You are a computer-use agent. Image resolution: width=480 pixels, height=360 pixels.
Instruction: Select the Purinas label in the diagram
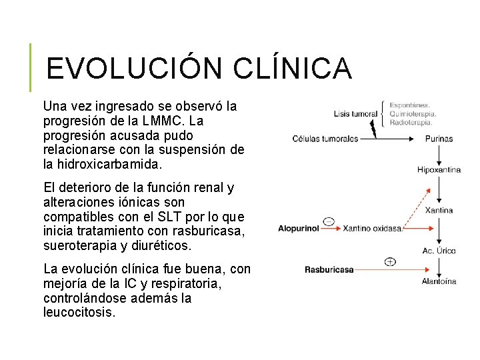point(439,139)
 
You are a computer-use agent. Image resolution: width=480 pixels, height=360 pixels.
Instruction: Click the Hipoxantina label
point(439,170)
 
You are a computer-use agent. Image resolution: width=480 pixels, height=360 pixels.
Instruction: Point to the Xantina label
point(439,210)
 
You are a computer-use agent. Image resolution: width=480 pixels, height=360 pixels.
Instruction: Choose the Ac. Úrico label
point(439,251)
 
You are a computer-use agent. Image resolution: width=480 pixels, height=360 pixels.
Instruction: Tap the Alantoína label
point(439,281)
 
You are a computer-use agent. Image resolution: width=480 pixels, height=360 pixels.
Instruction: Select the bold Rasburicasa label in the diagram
point(329,270)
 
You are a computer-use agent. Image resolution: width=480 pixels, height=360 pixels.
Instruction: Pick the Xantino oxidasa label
point(373,229)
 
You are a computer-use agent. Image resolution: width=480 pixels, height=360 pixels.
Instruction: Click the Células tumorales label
point(325,139)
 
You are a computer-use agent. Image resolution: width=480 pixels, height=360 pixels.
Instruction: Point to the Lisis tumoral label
point(355,114)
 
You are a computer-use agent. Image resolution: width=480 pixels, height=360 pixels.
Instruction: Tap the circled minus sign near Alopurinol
point(329,221)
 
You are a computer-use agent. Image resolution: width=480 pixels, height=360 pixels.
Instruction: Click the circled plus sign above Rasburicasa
point(390,261)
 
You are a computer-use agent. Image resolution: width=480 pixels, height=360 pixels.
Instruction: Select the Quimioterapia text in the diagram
point(413,113)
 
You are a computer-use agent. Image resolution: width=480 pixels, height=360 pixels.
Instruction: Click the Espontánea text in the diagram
point(410,105)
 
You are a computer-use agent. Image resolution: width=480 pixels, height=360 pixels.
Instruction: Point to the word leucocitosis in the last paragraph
point(79,312)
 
